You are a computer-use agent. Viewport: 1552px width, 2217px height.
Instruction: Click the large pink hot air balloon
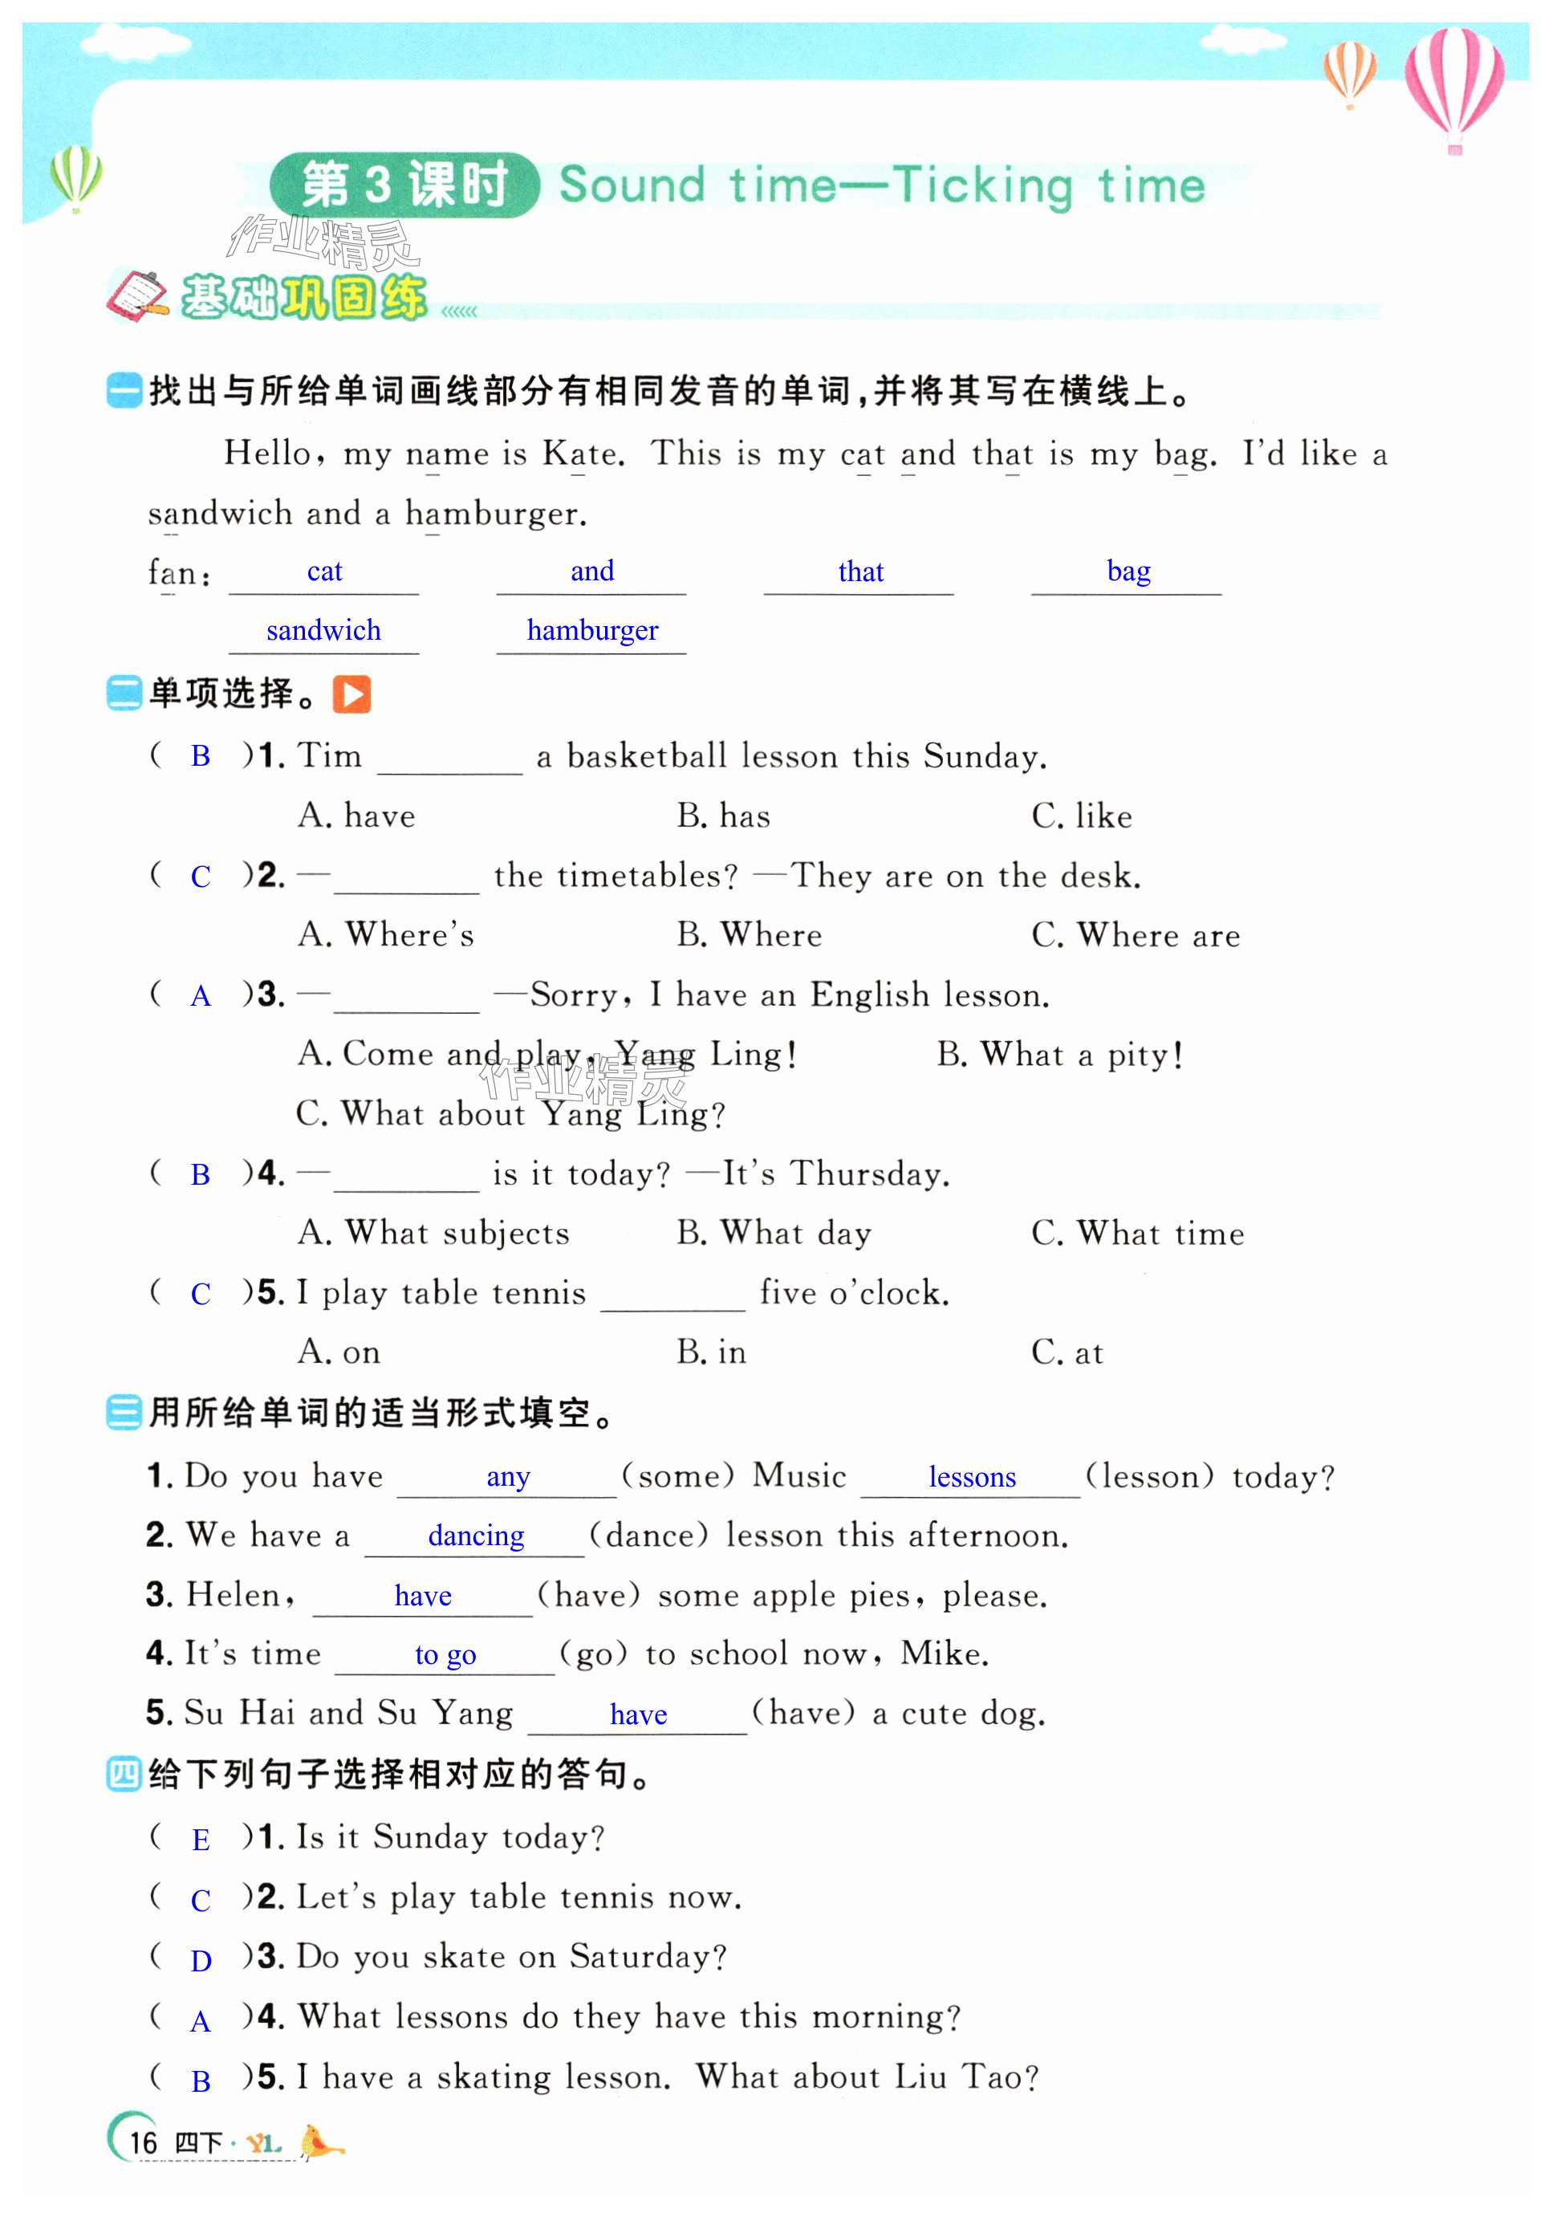pyautogui.click(x=1452, y=85)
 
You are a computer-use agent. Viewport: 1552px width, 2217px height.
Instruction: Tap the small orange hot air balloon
pyautogui.click(x=1349, y=73)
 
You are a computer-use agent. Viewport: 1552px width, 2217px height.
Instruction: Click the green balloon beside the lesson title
pyautogui.click(x=75, y=177)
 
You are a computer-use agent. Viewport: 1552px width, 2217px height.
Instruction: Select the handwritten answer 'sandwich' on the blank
pyautogui.click(x=323, y=631)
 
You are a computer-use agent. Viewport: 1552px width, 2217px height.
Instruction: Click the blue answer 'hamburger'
pyautogui.click(x=591, y=631)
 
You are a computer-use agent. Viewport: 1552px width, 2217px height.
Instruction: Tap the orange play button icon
pyautogui.click(x=351, y=694)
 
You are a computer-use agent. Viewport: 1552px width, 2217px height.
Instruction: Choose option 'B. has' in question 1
pyautogui.click(x=723, y=816)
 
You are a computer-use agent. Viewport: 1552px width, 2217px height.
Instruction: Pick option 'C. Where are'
pyautogui.click(x=1135, y=934)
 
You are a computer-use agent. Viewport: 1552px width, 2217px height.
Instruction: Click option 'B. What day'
pyautogui.click(x=774, y=1233)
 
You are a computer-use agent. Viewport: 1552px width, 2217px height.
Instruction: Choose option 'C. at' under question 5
pyautogui.click(x=1066, y=1352)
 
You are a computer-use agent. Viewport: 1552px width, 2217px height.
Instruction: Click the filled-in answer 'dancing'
pyautogui.click(x=476, y=1536)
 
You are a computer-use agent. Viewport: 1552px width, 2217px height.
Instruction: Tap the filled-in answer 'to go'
pyautogui.click(x=445, y=1654)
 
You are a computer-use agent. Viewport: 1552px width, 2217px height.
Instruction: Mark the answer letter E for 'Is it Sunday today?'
pyautogui.click(x=201, y=1840)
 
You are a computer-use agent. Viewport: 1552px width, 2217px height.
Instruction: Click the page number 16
pyautogui.click(x=143, y=2142)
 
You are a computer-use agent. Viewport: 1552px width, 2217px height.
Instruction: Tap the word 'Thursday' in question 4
pyautogui.click(x=868, y=1174)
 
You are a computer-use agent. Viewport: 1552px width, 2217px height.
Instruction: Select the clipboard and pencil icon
pyautogui.click(x=137, y=295)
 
